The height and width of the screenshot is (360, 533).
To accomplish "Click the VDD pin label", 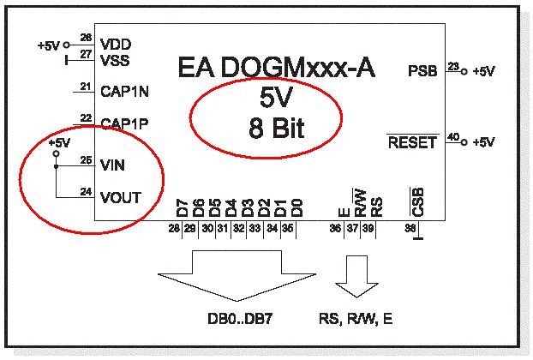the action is pyautogui.click(x=116, y=45).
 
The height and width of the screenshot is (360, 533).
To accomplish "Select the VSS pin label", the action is pyautogui.click(x=115, y=61).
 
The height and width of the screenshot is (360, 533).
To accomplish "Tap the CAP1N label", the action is pyautogui.click(x=124, y=92).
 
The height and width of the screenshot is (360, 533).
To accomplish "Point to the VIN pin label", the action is pyautogui.click(x=112, y=165).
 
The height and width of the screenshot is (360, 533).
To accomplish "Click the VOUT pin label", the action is pyautogui.click(x=121, y=197).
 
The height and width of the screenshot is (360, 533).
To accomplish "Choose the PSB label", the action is pyautogui.click(x=422, y=70).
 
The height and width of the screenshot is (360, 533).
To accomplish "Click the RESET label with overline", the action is pyautogui.click(x=412, y=142).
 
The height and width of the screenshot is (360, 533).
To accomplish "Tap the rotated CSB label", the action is pyautogui.click(x=417, y=202).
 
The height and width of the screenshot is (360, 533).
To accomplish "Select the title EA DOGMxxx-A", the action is pyautogui.click(x=277, y=68).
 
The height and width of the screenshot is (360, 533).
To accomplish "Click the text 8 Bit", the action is pyautogui.click(x=277, y=129).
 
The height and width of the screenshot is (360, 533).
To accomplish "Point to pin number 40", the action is pyautogui.click(x=453, y=137).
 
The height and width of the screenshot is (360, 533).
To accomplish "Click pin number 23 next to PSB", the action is pyautogui.click(x=453, y=66).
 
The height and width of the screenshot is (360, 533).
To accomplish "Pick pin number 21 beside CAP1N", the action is pyautogui.click(x=86, y=87).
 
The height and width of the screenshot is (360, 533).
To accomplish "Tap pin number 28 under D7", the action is pyautogui.click(x=174, y=228).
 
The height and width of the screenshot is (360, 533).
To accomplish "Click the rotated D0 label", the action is pyautogui.click(x=296, y=208).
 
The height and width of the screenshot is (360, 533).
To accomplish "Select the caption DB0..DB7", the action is pyautogui.click(x=240, y=319).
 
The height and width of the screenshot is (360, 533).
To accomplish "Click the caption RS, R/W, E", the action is pyautogui.click(x=356, y=319).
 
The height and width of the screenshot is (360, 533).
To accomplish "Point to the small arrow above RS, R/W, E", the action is pyautogui.click(x=356, y=277).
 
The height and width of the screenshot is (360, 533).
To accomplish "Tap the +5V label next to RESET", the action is pyautogui.click(x=483, y=141).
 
